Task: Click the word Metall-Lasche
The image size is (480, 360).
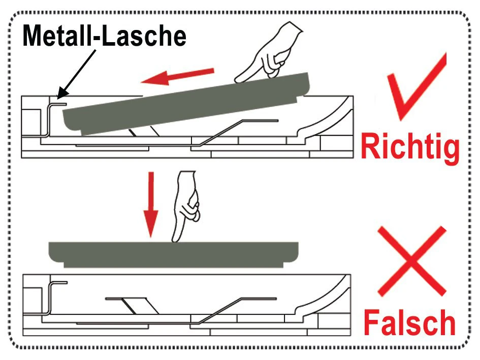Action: point(105,36)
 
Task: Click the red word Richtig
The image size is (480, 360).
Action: point(410,147)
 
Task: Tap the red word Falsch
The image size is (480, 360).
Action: point(409,322)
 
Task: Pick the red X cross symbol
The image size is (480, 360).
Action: point(412,261)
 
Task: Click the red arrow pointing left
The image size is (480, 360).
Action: point(177,76)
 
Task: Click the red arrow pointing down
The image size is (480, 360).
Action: point(151,205)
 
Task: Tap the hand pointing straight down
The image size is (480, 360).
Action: point(186,206)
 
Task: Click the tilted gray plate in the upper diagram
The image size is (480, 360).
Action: point(186,104)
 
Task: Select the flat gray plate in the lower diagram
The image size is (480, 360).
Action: point(174,254)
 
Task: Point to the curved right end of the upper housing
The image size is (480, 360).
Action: point(326,120)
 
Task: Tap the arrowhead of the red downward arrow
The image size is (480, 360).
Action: point(151,225)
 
